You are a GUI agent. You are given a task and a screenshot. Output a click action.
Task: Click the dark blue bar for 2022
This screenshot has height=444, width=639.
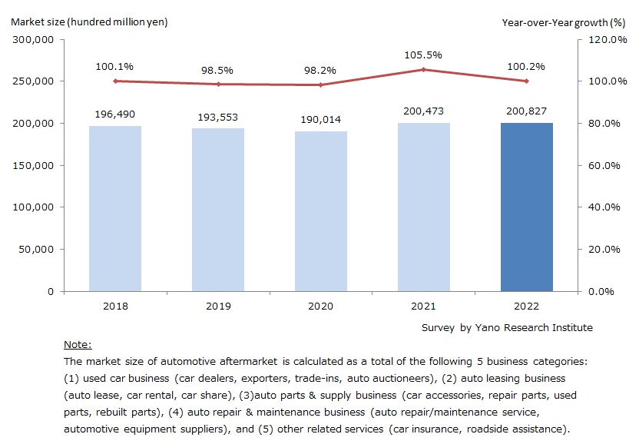[x=527, y=207]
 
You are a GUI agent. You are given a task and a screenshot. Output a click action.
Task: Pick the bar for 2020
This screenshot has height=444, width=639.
[x=321, y=211]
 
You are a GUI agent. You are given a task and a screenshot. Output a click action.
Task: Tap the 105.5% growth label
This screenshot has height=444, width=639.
[x=424, y=55]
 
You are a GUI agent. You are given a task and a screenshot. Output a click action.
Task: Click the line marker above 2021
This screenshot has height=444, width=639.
[x=424, y=69]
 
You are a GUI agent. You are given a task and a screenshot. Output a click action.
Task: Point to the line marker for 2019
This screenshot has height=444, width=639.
[x=218, y=84]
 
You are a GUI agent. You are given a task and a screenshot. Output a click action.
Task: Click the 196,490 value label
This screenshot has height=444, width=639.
[x=115, y=114]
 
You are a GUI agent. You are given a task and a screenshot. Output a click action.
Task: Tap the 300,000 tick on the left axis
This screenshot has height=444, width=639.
[x=33, y=39]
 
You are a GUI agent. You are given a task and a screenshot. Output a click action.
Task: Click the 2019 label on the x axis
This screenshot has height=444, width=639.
[x=218, y=306]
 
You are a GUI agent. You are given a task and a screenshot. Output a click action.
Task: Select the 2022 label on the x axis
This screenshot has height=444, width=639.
[x=527, y=306]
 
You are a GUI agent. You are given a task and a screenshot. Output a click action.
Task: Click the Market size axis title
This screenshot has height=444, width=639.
[x=89, y=22]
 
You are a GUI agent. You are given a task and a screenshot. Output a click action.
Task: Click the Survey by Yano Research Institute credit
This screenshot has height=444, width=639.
[x=507, y=327]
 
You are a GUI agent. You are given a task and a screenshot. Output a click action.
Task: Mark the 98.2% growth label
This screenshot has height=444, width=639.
[x=321, y=70]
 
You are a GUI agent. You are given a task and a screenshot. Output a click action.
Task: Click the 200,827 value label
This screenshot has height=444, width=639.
[x=527, y=110]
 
